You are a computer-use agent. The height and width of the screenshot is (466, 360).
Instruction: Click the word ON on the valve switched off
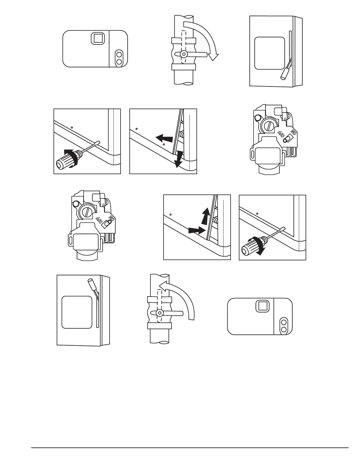[x=293, y=132]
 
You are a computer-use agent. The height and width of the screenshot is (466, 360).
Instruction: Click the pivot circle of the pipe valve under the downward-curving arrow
[x=184, y=54]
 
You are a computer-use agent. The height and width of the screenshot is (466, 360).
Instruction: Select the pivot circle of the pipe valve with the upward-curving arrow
[x=160, y=312]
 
